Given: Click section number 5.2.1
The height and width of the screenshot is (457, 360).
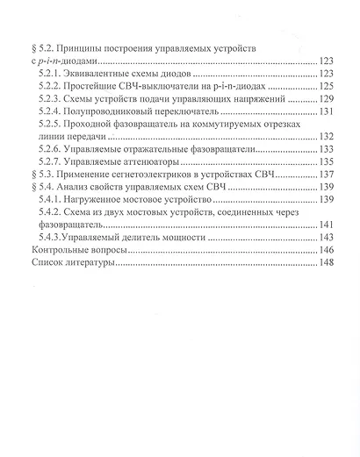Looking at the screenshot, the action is (x=54, y=74).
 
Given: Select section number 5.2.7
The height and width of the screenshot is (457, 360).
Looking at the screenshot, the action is (x=54, y=162).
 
